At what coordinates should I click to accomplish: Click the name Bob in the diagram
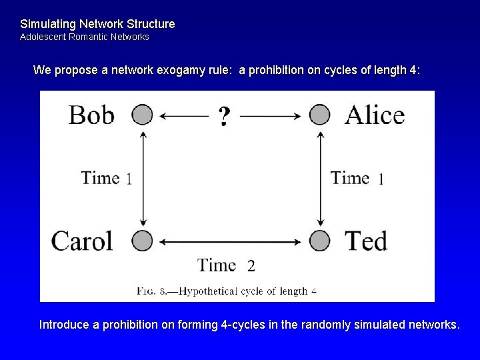pyautogui.click(x=91, y=115)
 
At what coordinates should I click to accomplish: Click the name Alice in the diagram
pyautogui.click(x=374, y=115)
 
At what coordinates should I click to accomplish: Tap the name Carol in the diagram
pyautogui.click(x=83, y=240)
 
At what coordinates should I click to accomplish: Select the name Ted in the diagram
pyautogui.click(x=366, y=240)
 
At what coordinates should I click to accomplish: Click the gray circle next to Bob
pyautogui.click(x=142, y=115)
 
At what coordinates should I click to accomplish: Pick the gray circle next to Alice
pyautogui.click(x=320, y=115)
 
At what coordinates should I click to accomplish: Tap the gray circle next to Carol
pyautogui.click(x=142, y=239)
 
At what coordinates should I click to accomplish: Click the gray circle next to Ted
pyautogui.click(x=320, y=239)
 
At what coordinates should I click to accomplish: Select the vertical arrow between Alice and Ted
pyautogui.click(x=321, y=177)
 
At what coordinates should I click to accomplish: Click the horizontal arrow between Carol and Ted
pyautogui.click(x=231, y=240)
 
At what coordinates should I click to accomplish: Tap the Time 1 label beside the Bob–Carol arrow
pyautogui.click(x=106, y=178)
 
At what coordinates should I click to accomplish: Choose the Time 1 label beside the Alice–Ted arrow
pyautogui.click(x=357, y=178)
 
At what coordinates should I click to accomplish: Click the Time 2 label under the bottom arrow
pyautogui.click(x=226, y=265)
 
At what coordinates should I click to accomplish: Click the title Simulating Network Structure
pyautogui.click(x=97, y=24)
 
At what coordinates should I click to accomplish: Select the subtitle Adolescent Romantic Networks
pyautogui.click(x=85, y=37)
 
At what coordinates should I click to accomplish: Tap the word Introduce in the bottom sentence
pyautogui.click(x=65, y=325)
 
